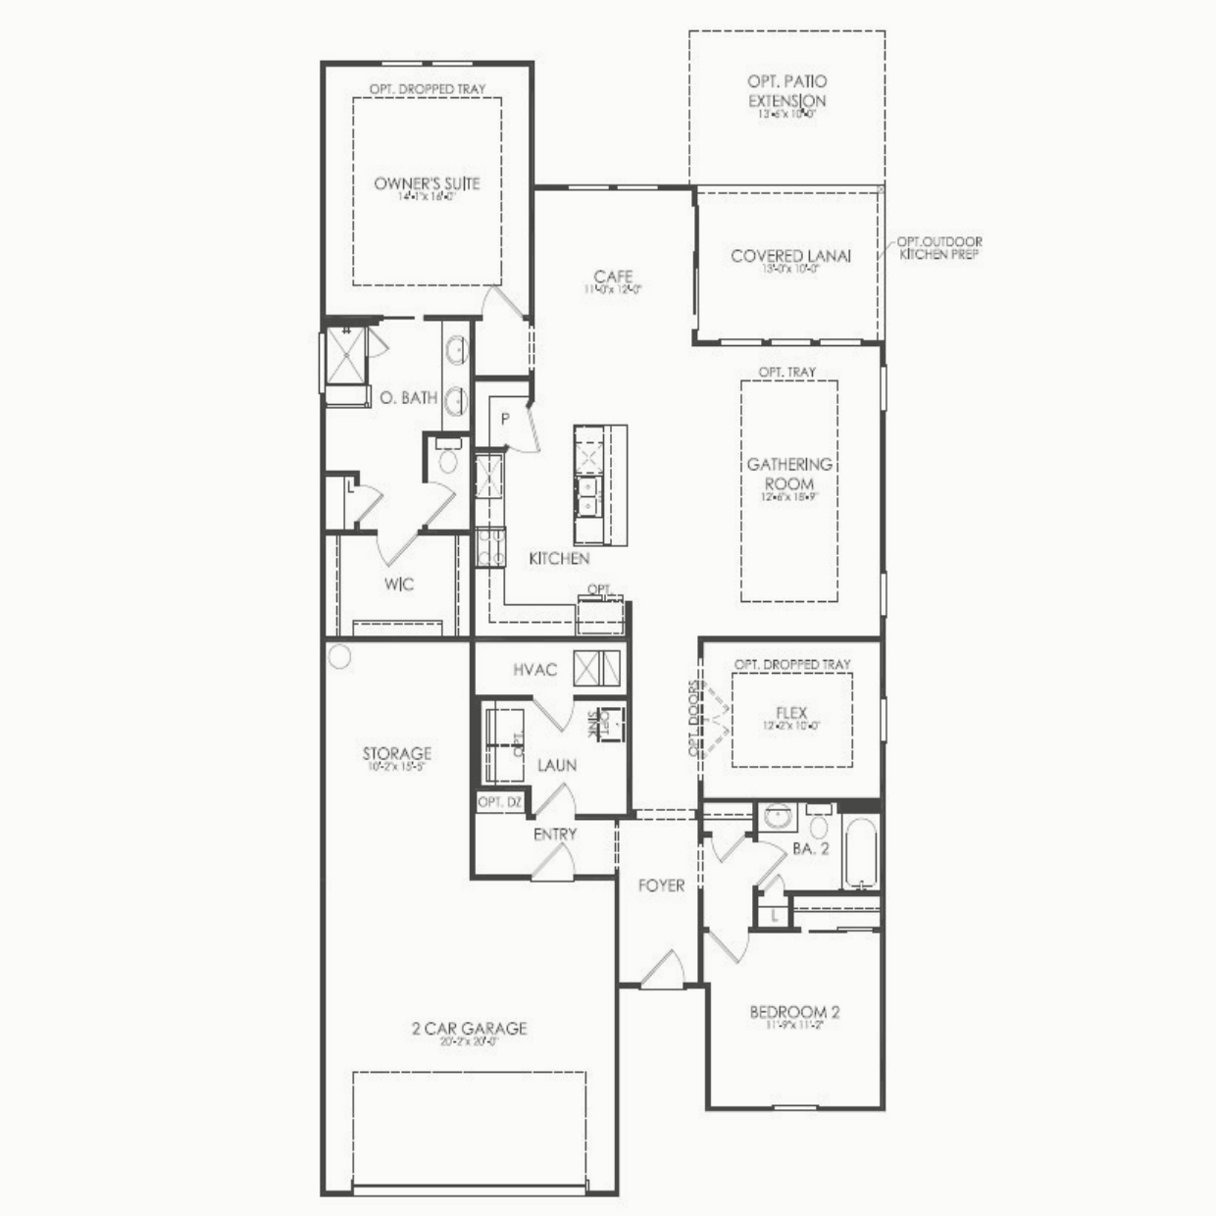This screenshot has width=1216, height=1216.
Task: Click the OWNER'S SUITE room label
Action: click(427, 183)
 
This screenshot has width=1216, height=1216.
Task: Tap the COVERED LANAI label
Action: click(790, 256)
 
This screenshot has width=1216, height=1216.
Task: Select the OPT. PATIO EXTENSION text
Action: click(787, 91)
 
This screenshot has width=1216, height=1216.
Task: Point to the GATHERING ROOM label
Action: click(789, 474)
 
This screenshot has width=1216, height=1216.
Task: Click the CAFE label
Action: click(613, 277)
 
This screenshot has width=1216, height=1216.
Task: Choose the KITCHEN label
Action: click(559, 558)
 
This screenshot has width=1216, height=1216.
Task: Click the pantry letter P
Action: click(505, 419)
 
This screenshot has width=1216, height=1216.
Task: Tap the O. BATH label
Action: click(408, 398)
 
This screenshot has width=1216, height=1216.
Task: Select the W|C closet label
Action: click(398, 584)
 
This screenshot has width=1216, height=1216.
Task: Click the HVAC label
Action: click(534, 670)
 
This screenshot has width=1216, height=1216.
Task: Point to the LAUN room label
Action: click(557, 765)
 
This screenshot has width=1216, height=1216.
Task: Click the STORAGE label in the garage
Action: click(396, 753)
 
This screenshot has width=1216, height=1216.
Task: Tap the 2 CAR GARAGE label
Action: click(469, 1028)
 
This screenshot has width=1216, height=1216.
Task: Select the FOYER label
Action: click(661, 886)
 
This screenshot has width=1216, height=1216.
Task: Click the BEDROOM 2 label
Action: click(794, 1012)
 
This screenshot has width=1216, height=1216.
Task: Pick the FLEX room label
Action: click(790, 713)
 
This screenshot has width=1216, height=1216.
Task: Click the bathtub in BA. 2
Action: click(861, 850)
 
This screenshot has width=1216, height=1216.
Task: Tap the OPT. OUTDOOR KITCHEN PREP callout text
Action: click(938, 248)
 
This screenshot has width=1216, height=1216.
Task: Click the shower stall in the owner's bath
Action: click(345, 355)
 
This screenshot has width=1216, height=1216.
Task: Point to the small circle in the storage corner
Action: click(339, 656)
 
